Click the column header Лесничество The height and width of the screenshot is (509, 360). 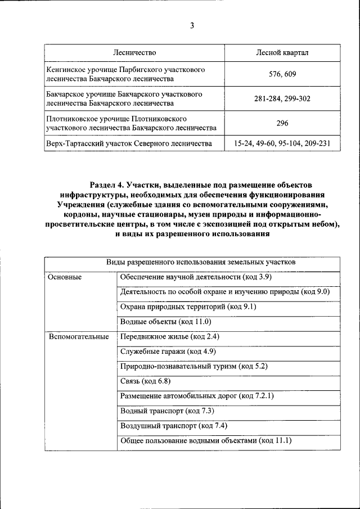(x=134, y=52)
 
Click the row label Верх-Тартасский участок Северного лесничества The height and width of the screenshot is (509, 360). (x=130, y=144)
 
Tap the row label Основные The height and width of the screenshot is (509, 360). (x=65, y=277)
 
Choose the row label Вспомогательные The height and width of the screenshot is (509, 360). (x=79, y=337)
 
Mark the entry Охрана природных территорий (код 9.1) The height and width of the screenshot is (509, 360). (x=188, y=307)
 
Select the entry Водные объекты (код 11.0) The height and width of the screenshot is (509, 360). (x=165, y=322)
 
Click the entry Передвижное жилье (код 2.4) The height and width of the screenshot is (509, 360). (x=169, y=337)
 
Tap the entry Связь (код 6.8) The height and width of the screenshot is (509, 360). (x=145, y=381)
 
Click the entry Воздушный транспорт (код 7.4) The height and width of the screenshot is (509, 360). (x=173, y=426)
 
